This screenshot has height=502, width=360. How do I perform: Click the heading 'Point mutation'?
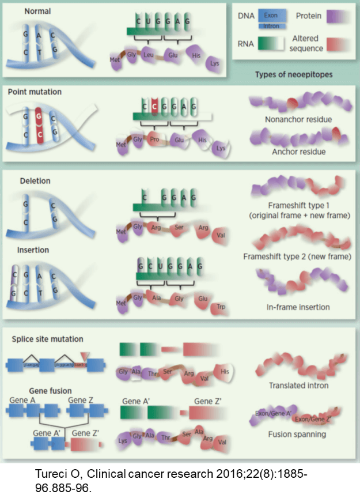point(35,92)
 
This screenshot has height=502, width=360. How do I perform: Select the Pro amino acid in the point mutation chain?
point(154,140)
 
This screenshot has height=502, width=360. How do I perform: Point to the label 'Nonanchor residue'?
point(298,120)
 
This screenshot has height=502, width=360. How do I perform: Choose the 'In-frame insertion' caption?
point(298,307)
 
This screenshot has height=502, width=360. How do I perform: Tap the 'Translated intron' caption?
point(298,386)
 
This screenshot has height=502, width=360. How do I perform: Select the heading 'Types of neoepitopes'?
point(293,75)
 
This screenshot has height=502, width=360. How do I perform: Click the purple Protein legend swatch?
point(338,17)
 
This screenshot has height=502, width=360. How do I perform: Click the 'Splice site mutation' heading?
point(47,339)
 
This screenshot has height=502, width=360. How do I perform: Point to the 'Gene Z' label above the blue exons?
point(81,399)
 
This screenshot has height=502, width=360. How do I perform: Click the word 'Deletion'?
point(35,181)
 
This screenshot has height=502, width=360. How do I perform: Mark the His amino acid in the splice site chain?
point(225,372)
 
